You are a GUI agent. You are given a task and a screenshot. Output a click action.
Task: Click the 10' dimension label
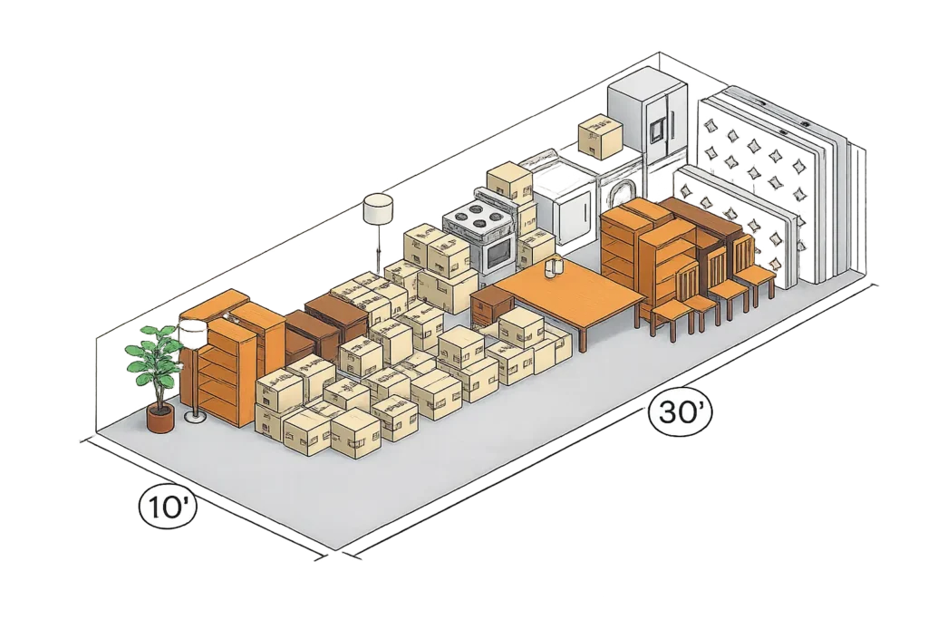tap(168, 508)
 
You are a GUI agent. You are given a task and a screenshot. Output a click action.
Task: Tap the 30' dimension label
tap(680, 411)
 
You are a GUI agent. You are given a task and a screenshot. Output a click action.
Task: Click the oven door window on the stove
tap(498, 253)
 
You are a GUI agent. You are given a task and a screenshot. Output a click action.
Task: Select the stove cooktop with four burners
tap(477, 216)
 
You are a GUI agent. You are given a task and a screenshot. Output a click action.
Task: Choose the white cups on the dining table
tap(555, 266)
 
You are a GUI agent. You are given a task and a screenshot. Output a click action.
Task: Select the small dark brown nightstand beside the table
tap(490, 305)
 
